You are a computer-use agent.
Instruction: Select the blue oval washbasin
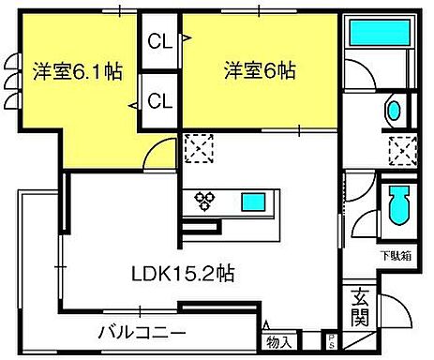coord(393,111)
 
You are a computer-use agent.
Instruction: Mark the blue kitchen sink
coord(253,201)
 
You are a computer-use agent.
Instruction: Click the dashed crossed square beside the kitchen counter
coord(198,146)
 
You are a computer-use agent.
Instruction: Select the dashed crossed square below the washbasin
coord(403,148)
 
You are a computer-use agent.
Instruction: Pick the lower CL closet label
coord(158,99)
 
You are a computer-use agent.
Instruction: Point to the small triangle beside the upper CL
coord(186,39)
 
